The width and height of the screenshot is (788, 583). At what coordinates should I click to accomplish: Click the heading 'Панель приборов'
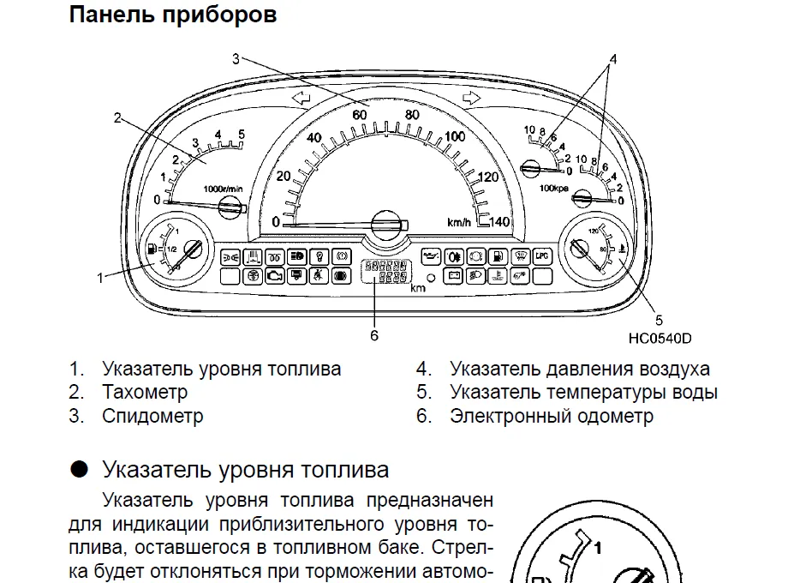pos(172,15)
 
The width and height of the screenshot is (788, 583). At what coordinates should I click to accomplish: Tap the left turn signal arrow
pos(300,100)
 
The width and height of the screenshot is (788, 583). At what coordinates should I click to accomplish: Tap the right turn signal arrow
pos(469,100)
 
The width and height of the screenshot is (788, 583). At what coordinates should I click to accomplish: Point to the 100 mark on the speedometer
pos(456,136)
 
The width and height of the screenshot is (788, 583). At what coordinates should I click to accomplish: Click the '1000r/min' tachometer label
pos(224,188)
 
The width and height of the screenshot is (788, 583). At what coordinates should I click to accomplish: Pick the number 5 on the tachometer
pos(242,135)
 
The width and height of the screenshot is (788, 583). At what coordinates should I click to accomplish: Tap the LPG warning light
pos(540,255)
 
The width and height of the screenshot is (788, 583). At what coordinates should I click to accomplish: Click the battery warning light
pos(454,275)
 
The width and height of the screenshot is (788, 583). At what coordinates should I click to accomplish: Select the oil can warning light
pos(431,255)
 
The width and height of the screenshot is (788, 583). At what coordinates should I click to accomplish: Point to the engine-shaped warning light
pos(273,276)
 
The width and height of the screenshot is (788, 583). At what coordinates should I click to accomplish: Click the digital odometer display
pos(385,273)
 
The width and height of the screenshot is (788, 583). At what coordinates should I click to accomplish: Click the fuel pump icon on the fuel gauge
pos(152,249)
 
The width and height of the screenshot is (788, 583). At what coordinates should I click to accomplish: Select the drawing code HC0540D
pos(660,337)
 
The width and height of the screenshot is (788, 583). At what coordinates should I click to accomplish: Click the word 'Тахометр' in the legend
pos(145,393)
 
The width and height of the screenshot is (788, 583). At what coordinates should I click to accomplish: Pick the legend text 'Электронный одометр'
pos(551,417)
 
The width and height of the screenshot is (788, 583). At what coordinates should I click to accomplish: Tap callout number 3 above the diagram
pos(236,58)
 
